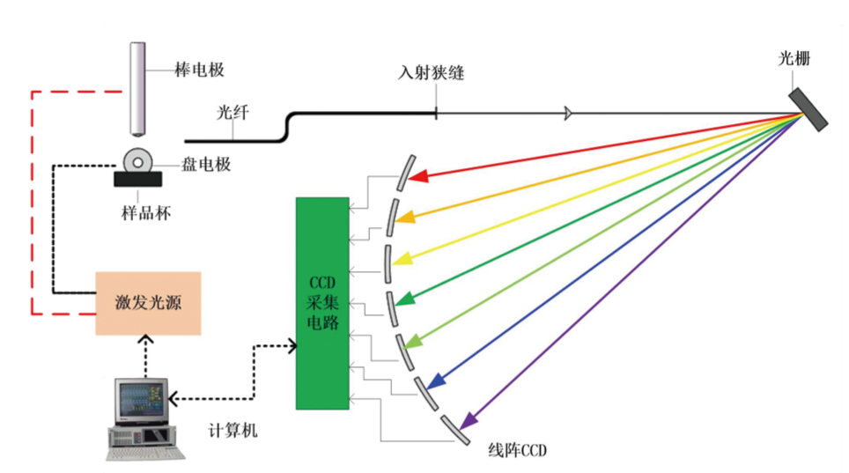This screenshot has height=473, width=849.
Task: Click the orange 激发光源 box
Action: click(x=148, y=303)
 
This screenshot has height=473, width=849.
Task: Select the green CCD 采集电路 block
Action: click(x=322, y=303)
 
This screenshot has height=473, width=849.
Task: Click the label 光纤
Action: click(x=232, y=114)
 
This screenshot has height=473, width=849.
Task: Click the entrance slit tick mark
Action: click(x=436, y=113)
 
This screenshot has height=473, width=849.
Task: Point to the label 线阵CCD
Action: click(x=517, y=450)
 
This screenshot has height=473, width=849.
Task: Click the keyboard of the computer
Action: click(x=145, y=449)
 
